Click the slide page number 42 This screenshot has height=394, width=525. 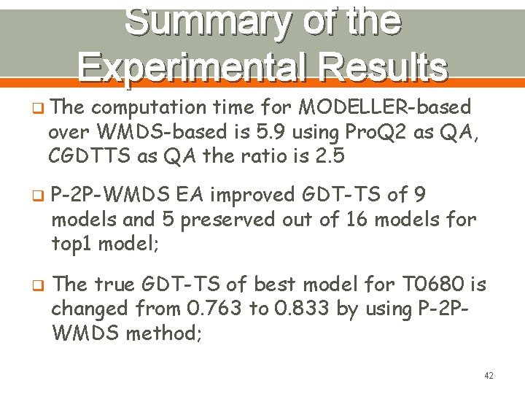489,376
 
